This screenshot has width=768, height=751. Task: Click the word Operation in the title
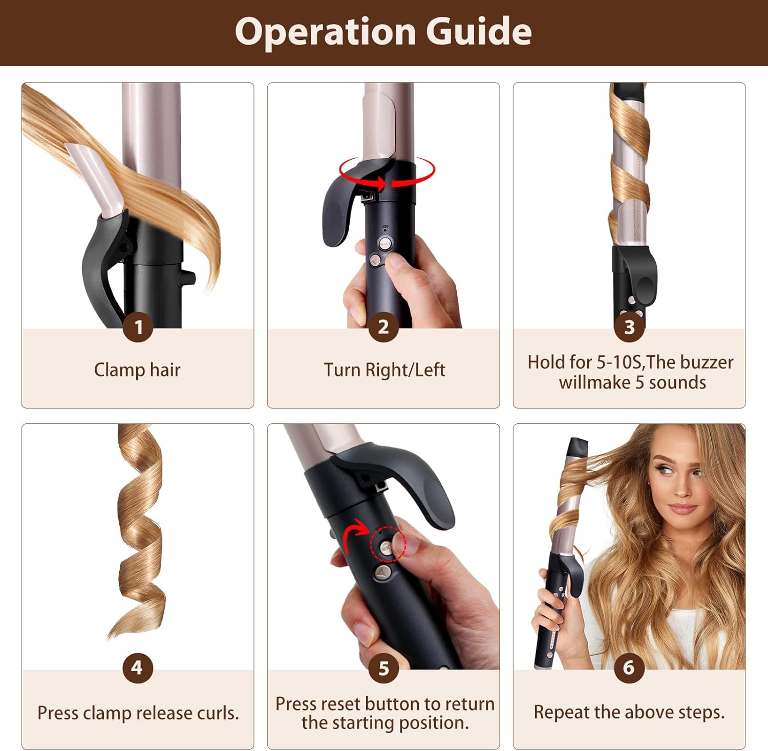click(x=326, y=32)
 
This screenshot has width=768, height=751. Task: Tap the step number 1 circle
click(x=138, y=327)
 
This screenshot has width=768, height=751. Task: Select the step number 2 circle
click(x=383, y=327)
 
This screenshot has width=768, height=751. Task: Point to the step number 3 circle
click(x=629, y=327)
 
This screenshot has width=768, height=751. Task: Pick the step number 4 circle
click(x=138, y=668)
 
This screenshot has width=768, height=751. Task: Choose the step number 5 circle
click(x=383, y=668)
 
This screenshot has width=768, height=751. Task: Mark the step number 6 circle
click(x=629, y=668)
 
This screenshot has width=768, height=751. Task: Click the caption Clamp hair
click(x=137, y=370)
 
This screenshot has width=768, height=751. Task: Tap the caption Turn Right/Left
click(x=384, y=370)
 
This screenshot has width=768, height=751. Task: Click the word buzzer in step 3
click(x=707, y=362)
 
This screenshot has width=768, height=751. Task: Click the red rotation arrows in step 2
click(x=387, y=174)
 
